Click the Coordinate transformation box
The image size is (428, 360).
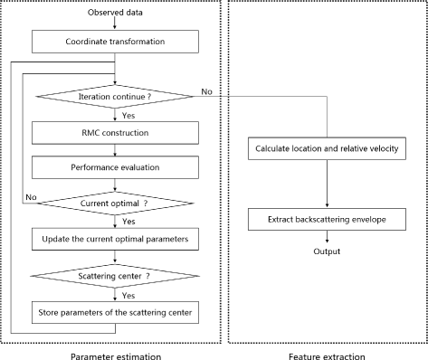pyautogui.click(x=115, y=42)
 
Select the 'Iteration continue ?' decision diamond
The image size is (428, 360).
pyautogui.click(x=115, y=95)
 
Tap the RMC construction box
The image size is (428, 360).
pyautogui.click(x=115, y=133)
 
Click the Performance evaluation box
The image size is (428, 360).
pyautogui.click(x=115, y=168)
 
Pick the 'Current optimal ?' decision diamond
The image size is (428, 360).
pyautogui.click(x=115, y=204)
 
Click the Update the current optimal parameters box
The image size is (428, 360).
pyautogui.click(x=115, y=241)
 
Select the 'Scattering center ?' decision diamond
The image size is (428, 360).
pyautogui.click(x=115, y=277)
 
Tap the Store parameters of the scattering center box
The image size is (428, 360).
pyautogui.click(x=115, y=313)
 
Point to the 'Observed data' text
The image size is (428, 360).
pyautogui.click(x=114, y=14)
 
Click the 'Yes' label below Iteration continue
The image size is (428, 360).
pyautogui.click(x=130, y=114)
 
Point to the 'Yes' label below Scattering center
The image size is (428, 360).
pyautogui.click(x=130, y=295)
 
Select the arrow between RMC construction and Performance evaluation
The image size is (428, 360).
pyautogui.click(x=115, y=150)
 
